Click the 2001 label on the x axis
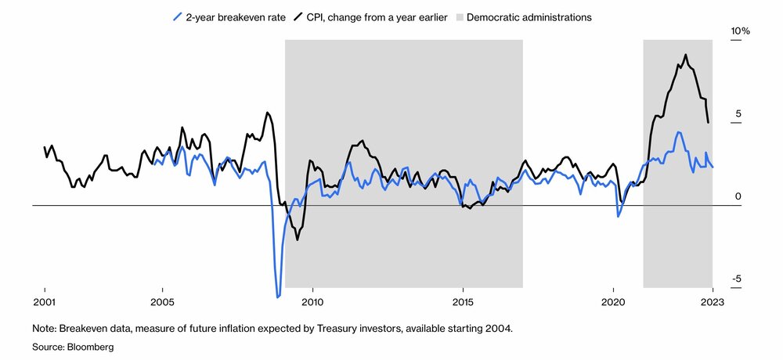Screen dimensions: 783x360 [45, 302]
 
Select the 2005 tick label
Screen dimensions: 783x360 [162, 302]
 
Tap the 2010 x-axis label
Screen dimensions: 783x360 [312, 302]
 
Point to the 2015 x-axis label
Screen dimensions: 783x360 [463, 302]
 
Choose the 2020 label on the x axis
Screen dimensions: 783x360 [613, 302]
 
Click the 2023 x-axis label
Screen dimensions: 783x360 [713, 302]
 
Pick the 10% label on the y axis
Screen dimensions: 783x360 [741, 31]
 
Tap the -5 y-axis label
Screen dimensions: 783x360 [737, 279]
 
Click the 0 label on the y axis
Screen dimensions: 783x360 [738, 196]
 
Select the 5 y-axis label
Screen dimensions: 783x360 [738, 113]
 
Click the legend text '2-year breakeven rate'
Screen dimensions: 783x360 [236, 17]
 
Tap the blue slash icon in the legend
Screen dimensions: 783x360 [177, 17]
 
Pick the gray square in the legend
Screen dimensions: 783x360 [460, 17]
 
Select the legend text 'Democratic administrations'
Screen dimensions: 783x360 [529, 17]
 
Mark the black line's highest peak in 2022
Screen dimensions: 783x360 [686, 55]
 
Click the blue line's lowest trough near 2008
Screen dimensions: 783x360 [278, 297]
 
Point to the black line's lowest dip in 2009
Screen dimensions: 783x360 [298, 239]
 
